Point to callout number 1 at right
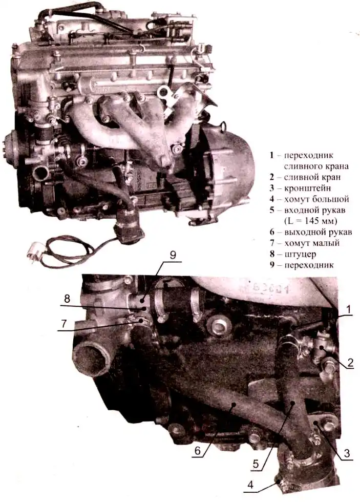(348, 309)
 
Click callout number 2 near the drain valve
(350, 363)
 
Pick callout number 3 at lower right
(346, 453)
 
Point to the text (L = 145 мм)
(311, 221)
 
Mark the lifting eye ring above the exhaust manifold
(164, 93)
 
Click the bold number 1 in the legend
(271, 155)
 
